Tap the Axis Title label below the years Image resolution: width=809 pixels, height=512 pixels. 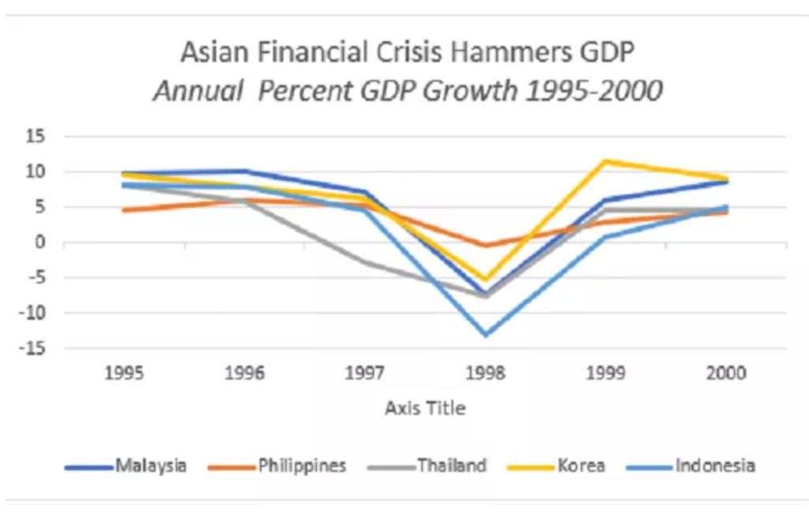[x=425, y=408]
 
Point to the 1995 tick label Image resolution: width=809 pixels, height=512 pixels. [x=125, y=373]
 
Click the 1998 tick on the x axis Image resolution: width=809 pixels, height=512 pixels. [x=485, y=373]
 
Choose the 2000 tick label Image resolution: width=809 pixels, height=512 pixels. [x=726, y=373]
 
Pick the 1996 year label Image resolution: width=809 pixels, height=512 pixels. [x=245, y=373]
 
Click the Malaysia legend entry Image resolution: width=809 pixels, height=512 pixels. [x=150, y=465]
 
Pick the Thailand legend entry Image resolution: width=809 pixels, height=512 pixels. [x=451, y=465]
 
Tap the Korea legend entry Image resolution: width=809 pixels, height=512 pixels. [x=581, y=465]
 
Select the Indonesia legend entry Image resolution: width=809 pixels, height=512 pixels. [x=714, y=465]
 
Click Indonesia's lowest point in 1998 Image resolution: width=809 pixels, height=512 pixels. [x=485, y=334]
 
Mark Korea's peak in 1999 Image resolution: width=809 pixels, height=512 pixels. [x=605, y=162]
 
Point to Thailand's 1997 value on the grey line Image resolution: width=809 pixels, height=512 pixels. [x=365, y=262]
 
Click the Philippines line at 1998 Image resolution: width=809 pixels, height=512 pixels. [x=485, y=245]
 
